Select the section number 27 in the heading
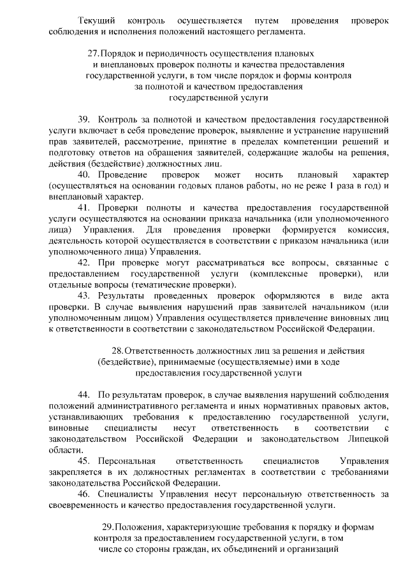pyautogui.click(x=92, y=53)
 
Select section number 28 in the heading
pyautogui.click(x=117, y=351)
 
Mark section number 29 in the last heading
pyautogui.click(x=108, y=527)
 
